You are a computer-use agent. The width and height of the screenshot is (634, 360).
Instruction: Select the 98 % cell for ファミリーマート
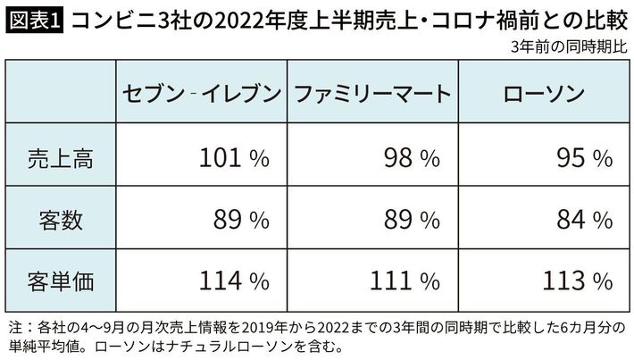point(410,158)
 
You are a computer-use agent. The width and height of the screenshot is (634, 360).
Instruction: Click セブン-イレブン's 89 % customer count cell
point(238,219)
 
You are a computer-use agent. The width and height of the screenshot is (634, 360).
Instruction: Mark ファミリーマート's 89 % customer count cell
point(410,219)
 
